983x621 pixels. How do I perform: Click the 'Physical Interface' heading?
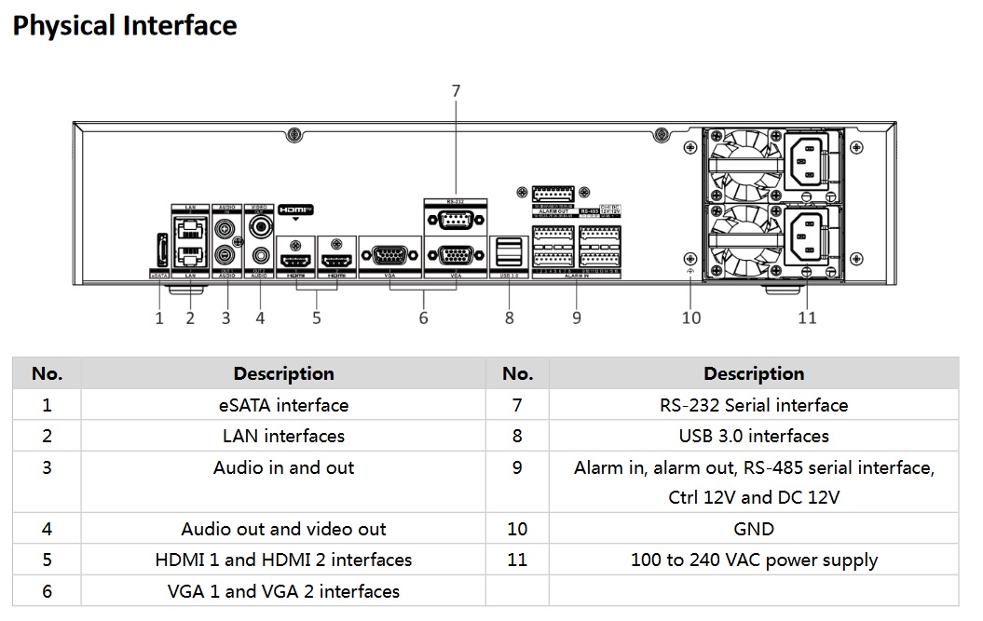click(x=125, y=26)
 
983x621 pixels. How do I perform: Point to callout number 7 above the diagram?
click(x=456, y=91)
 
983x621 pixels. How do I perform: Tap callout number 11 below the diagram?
click(x=807, y=317)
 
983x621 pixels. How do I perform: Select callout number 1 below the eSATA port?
click(x=159, y=318)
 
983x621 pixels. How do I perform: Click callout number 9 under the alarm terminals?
click(x=577, y=318)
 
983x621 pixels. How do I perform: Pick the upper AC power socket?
click(x=807, y=161)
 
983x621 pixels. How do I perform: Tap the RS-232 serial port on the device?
click(x=455, y=221)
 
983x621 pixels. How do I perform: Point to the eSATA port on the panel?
click(x=159, y=251)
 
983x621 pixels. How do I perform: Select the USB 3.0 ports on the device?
click(x=509, y=251)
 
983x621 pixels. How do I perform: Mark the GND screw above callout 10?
click(x=689, y=258)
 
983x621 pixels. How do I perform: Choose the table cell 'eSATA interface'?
click(x=283, y=405)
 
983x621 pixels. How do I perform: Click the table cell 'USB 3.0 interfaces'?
click(x=754, y=436)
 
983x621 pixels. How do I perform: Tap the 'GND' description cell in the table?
click(x=754, y=529)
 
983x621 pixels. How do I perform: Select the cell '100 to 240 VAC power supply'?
click(x=754, y=560)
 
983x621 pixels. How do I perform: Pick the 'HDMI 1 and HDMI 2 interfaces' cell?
click(x=283, y=560)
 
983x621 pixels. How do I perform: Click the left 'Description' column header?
click(x=283, y=373)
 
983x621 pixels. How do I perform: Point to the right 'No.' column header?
click(x=517, y=373)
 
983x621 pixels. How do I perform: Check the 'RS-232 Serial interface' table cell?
click(x=754, y=405)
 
